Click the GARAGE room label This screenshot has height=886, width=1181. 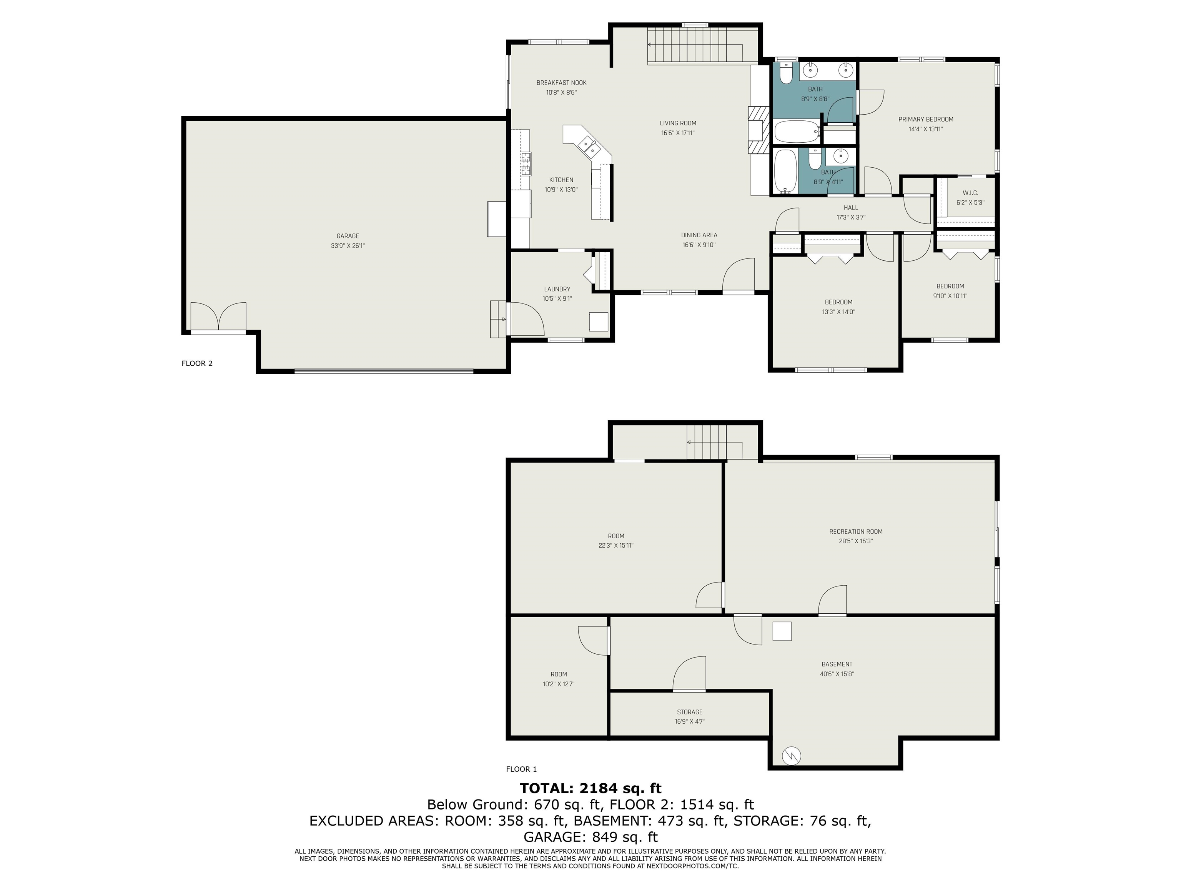348,236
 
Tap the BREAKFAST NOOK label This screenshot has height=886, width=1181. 561,83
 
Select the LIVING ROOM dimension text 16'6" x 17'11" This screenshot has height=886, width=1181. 678,133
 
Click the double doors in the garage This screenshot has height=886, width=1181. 218,316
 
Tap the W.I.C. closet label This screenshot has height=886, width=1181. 970,193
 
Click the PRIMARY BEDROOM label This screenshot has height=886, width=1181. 926,120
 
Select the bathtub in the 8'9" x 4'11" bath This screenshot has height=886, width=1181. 785,171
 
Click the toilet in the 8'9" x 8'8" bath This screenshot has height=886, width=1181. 785,74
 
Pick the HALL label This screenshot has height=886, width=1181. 851,208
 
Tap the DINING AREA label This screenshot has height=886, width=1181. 699,235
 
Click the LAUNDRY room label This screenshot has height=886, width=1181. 557,289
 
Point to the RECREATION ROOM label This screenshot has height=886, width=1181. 856,531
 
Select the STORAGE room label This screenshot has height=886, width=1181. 689,712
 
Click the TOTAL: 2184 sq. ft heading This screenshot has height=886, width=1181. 590,788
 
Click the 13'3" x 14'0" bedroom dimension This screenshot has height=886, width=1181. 838,312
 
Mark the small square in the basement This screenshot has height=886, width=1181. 782,632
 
